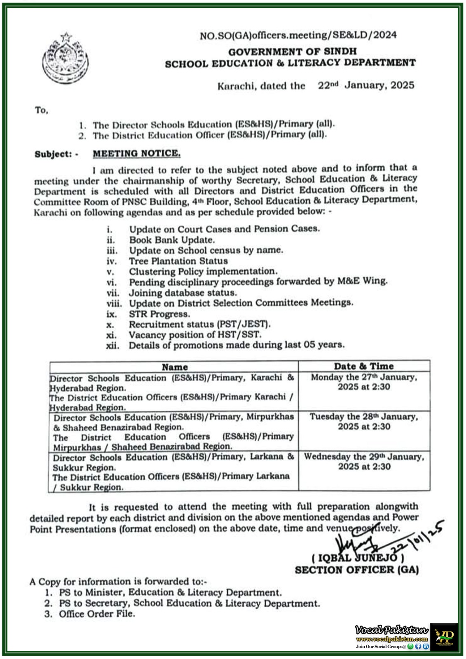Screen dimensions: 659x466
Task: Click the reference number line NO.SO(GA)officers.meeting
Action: coord(298,35)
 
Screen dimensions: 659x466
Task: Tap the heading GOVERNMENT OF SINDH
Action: coord(293,52)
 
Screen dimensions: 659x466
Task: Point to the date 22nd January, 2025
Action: coord(366,85)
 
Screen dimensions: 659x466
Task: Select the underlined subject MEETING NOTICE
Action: coord(136,154)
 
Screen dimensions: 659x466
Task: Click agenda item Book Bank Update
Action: coord(172,240)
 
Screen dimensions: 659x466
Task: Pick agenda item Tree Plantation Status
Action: coord(178,261)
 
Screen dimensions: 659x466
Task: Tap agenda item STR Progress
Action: coord(159,314)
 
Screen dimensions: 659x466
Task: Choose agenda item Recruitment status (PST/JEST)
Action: coord(199,324)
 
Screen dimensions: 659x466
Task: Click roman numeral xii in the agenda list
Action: coord(112,346)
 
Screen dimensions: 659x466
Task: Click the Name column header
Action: coord(175,367)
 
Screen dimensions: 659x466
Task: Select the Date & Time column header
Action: coord(364,366)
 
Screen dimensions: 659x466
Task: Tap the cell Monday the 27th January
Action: coord(364,382)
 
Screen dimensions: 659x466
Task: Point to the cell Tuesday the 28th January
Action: coord(364,421)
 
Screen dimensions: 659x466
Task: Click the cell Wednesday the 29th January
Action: coord(364,461)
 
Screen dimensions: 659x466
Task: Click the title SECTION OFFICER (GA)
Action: coord(357,570)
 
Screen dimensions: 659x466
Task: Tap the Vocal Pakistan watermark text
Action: coord(392,630)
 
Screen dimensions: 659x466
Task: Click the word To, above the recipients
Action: coord(42,110)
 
